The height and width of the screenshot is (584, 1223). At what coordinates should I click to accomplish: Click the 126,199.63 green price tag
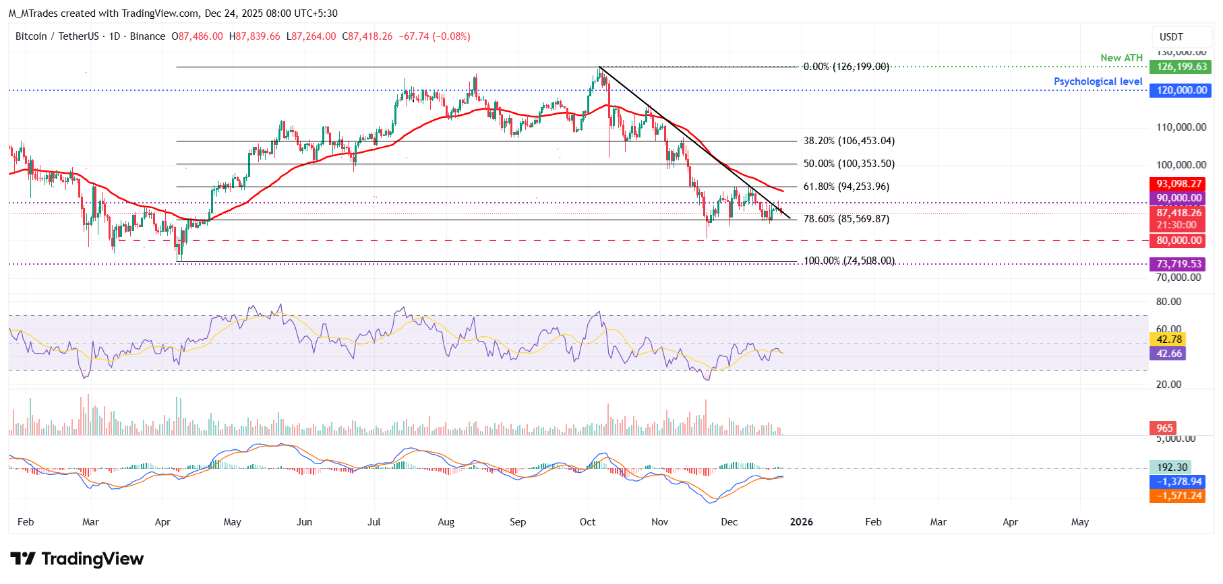[x=1181, y=67]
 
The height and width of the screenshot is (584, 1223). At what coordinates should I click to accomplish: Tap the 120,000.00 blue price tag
[x=1181, y=90]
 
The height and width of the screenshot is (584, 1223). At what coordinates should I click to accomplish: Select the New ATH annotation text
[x=1121, y=58]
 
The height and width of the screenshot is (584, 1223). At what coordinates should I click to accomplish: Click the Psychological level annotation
[x=1098, y=82]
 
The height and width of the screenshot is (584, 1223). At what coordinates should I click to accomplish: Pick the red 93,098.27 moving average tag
[x=1179, y=184]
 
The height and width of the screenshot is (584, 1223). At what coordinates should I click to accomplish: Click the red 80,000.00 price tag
[x=1179, y=240]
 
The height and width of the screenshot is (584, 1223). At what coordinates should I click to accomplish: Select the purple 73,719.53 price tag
[x=1179, y=264]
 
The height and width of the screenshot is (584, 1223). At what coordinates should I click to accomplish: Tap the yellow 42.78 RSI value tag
[x=1168, y=339]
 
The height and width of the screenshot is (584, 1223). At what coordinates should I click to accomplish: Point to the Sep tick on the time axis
[x=518, y=522]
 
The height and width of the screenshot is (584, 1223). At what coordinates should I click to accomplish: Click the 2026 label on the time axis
[x=801, y=522]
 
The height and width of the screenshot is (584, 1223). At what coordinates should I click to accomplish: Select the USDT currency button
[x=1171, y=37]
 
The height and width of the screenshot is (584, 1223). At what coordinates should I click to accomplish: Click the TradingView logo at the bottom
[x=78, y=559]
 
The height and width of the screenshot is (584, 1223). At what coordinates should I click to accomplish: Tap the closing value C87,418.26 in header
[x=367, y=36]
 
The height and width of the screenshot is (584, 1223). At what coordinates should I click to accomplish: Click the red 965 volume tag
[x=1164, y=428]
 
